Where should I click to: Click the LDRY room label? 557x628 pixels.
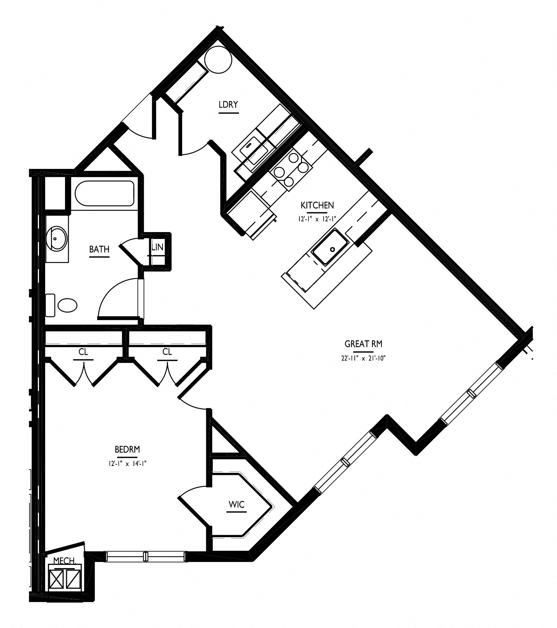coord(228,105)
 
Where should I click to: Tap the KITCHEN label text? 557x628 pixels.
coord(317,205)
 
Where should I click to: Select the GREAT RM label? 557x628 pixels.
coord(363,344)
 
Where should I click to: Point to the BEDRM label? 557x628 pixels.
coord(127,449)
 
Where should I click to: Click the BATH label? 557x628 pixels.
coord(99,249)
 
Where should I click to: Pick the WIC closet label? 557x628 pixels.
coord(237,505)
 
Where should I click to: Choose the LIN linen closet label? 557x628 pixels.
coord(157,248)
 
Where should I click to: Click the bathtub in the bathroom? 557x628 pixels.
coord(105,193)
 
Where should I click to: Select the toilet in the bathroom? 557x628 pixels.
coord(62,305)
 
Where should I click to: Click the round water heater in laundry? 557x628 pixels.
coord(218,60)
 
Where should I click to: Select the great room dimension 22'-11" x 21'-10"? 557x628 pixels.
coord(361,358)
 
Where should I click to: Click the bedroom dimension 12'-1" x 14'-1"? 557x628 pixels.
coord(127,464)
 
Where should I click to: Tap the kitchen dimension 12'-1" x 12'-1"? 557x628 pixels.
coord(317,219)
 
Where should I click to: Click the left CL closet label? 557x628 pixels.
coord(83,352)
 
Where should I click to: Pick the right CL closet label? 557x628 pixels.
coord(167,352)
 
